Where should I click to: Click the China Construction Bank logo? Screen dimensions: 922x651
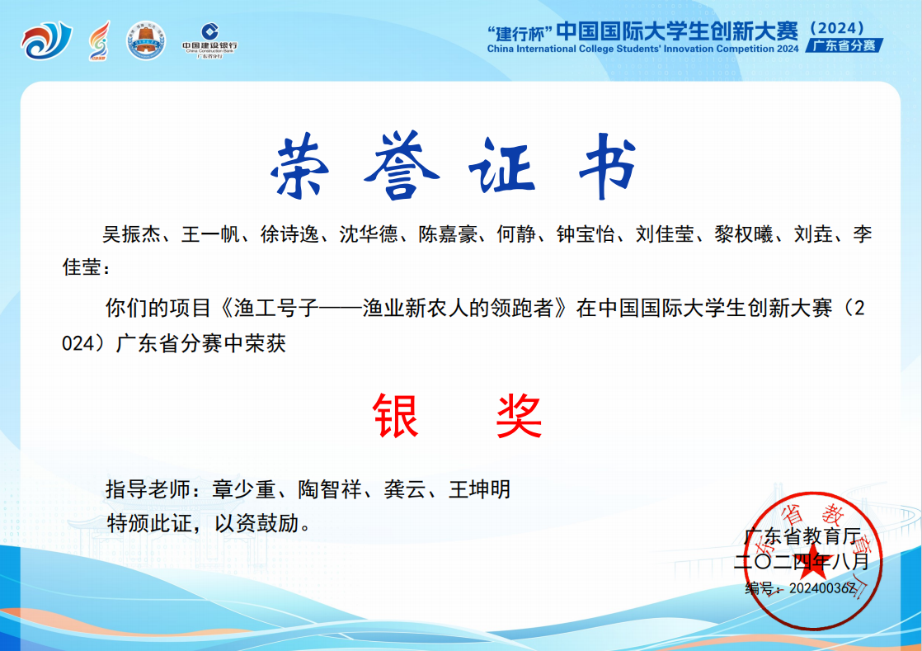[x=210, y=40]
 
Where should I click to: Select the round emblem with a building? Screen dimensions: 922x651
[x=146, y=40]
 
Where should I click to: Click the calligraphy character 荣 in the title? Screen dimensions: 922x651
[x=301, y=167]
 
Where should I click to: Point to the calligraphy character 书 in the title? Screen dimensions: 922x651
[x=608, y=165]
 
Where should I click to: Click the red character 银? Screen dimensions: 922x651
[x=396, y=416]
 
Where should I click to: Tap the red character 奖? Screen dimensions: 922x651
[x=519, y=416]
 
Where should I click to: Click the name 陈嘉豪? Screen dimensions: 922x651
[x=448, y=234]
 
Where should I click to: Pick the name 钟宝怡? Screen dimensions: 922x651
[x=586, y=234]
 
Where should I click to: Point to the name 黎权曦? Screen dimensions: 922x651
[x=744, y=234]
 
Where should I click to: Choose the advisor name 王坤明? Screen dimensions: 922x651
[x=479, y=489]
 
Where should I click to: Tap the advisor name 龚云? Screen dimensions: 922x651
[x=405, y=489]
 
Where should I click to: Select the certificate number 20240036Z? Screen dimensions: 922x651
[x=822, y=588]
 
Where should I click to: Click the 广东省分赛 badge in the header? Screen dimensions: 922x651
[x=844, y=45]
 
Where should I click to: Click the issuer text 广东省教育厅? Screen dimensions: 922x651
[x=802, y=536]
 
